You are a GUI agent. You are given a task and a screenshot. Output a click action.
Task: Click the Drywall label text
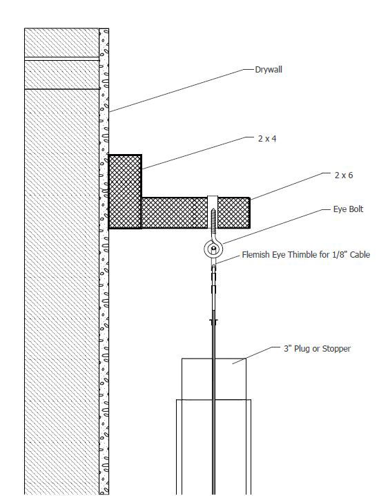269,70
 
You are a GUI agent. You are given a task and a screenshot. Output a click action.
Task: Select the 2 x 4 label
267,139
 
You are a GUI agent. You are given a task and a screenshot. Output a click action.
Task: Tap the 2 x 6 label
344,175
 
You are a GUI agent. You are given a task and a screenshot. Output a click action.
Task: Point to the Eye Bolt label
348,209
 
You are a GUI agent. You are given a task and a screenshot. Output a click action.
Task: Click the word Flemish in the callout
255,255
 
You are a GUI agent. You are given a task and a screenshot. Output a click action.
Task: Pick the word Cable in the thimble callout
360,255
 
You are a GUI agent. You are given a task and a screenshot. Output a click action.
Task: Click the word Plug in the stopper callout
302,349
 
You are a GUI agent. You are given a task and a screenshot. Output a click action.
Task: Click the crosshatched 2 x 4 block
125,191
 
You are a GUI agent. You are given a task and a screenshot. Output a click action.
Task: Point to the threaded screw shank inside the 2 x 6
213,218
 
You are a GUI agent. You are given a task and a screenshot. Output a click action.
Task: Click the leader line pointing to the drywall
182,90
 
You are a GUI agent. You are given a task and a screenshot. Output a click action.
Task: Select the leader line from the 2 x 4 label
197,153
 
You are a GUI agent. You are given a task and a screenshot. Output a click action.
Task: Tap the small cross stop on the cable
213,322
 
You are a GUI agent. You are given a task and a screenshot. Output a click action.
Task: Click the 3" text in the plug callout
287,349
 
